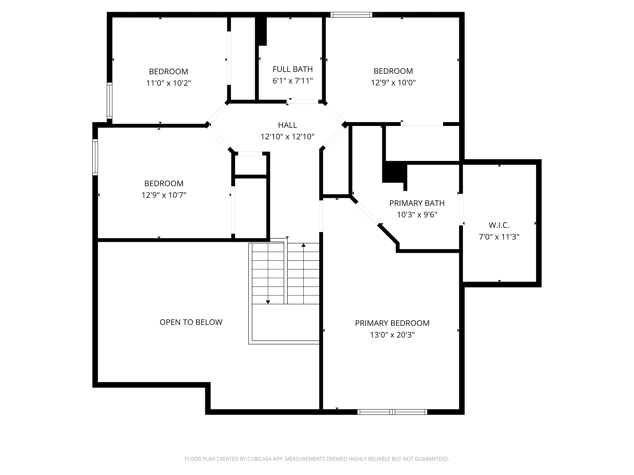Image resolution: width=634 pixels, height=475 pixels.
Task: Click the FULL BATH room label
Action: [x=292, y=69]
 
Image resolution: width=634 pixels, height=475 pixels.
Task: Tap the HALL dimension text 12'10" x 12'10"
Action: [x=287, y=137]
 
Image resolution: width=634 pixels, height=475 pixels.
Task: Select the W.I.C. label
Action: [x=499, y=225]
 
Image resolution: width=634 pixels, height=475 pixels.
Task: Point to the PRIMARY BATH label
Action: [x=417, y=203]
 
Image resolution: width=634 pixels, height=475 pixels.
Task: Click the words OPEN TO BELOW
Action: [x=191, y=322]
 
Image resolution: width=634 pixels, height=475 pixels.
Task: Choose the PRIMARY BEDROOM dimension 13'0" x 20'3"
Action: [x=392, y=335]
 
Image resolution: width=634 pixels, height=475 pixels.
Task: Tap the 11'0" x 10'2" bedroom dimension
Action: [x=169, y=83]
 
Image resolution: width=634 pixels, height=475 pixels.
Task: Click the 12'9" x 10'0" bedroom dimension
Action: [x=393, y=82]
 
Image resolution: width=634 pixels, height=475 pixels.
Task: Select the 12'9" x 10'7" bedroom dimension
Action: [x=164, y=195]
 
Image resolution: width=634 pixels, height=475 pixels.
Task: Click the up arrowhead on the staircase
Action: [x=304, y=245]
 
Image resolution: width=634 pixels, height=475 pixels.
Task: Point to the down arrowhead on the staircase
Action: [x=268, y=302]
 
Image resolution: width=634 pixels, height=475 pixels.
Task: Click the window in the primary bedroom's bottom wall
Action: [x=392, y=412]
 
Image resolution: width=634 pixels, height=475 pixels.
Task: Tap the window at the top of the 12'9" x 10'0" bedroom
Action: [x=351, y=14]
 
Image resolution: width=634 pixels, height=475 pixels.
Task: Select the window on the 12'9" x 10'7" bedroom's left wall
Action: [x=95, y=157]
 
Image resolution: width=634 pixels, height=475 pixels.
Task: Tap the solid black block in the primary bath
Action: [x=394, y=172]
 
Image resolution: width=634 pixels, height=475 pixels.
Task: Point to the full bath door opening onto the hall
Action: [x=303, y=102]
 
